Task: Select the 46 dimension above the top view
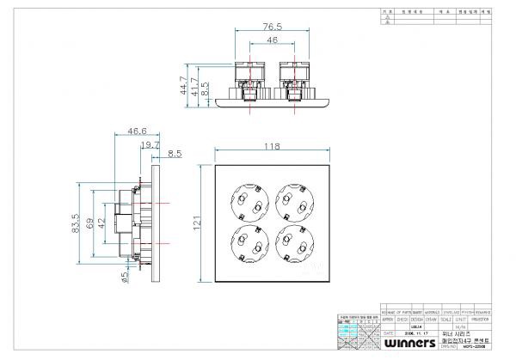pos(271,40)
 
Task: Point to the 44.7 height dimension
pos(184,84)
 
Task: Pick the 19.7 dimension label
pos(150,145)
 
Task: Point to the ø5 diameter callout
pos(101,277)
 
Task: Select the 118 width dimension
pos(271,147)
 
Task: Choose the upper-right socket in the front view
pos(294,203)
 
